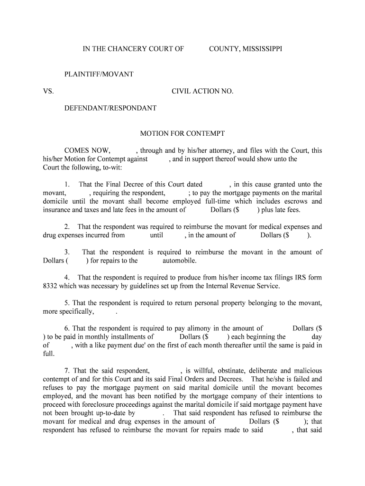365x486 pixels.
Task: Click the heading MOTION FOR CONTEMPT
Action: tap(182, 134)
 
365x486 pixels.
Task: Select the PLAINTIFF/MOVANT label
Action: tap(99, 75)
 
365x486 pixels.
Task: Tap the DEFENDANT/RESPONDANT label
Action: tap(110, 108)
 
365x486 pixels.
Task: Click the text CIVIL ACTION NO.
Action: tap(202, 91)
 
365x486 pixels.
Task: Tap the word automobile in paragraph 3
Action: tap(180, 261)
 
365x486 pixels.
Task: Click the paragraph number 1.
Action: tap(68, 184)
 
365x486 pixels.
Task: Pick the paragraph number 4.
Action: tap(67, 278)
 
